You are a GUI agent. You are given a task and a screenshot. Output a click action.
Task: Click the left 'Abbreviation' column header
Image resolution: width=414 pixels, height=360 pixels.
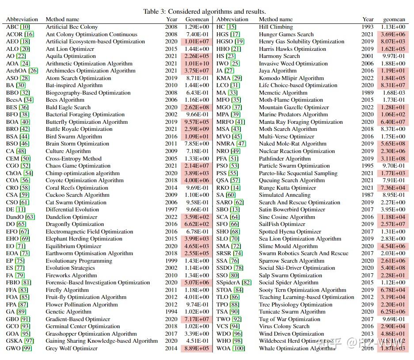(x=22, y=19)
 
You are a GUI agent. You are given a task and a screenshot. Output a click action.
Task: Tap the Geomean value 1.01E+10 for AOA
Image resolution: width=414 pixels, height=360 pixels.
(x=196, y=64)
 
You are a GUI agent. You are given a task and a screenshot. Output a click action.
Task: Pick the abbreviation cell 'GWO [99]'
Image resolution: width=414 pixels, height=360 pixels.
(x=19, y=349)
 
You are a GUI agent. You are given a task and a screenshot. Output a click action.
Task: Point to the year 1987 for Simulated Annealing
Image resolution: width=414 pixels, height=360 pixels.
(x=368, y=195)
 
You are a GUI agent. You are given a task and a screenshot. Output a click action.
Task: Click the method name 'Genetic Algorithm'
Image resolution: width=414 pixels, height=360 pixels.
(x=70, y=312)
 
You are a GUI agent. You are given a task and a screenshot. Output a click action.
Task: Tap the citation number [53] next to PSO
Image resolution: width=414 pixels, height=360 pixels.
(x=234, y=166)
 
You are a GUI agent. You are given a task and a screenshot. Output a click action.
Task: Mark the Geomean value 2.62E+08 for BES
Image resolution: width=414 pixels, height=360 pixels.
(x=196, y=107)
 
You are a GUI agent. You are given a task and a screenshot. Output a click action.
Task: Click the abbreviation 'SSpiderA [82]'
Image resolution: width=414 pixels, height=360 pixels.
(x=234, y=283)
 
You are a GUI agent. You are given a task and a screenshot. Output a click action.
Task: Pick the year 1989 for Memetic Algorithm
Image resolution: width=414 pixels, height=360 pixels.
(x=368, y=93)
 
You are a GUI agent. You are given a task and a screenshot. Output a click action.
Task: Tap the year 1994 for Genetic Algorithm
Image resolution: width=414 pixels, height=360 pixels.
(x=172, y=312)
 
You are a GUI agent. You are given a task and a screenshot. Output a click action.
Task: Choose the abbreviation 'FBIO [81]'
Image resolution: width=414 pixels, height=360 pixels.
(x=19, y=283)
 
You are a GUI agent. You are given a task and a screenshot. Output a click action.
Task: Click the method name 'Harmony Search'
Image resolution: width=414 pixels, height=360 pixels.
(x=279, y=56)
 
